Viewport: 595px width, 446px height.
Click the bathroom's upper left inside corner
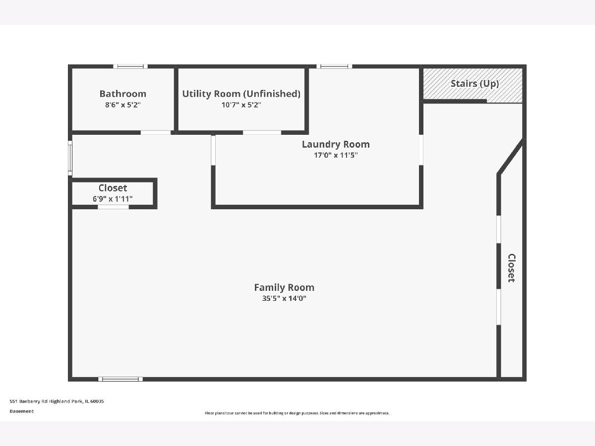coord(72,68)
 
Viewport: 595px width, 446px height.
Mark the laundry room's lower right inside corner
coord(419,205)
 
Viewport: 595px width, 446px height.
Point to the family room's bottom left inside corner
coord(72,377)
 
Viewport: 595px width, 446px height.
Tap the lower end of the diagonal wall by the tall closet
coord(499,174)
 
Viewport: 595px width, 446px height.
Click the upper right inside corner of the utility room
coord(304,68)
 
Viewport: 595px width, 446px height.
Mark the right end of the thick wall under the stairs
coord(486,101)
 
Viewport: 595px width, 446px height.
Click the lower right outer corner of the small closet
coord(157,209)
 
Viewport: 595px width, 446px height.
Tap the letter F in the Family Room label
coord(257,287)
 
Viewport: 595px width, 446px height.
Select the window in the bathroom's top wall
coord(130,66)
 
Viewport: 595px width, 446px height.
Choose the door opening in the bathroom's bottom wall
coord(156,133)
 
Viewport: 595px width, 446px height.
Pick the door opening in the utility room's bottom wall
coord(262,133)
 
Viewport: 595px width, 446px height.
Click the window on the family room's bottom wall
coord(120,379)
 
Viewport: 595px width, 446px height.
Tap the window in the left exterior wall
coord(70,158)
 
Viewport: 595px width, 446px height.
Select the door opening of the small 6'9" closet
coord(114,207)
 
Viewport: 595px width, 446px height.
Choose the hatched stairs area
coord(473,86)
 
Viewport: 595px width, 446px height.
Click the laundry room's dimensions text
coord(336,155)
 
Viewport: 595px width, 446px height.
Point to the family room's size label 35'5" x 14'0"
coord(284,298)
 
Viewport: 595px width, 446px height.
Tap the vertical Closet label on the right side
coord(511,268)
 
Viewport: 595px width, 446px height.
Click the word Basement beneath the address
coord(22,411)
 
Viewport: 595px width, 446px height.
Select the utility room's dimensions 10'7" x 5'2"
coord(241,105)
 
